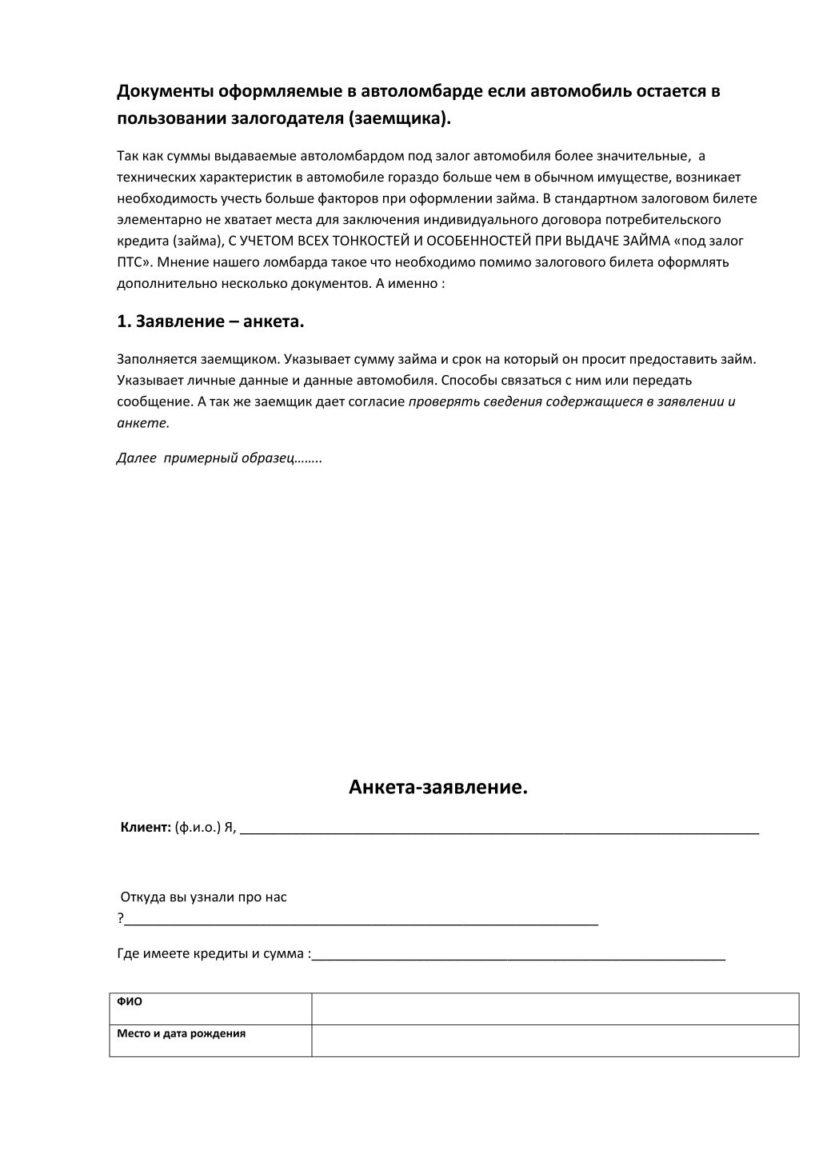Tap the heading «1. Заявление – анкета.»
click(210, 321)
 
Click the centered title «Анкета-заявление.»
click(438, 788)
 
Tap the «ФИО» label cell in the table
click(130, 1002)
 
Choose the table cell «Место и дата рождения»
click(182, 1033)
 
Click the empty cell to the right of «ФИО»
click(555, 1008)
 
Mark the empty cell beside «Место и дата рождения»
click(555, 1040)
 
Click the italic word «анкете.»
click(143, 423)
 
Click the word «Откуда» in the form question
click(142, 897)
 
